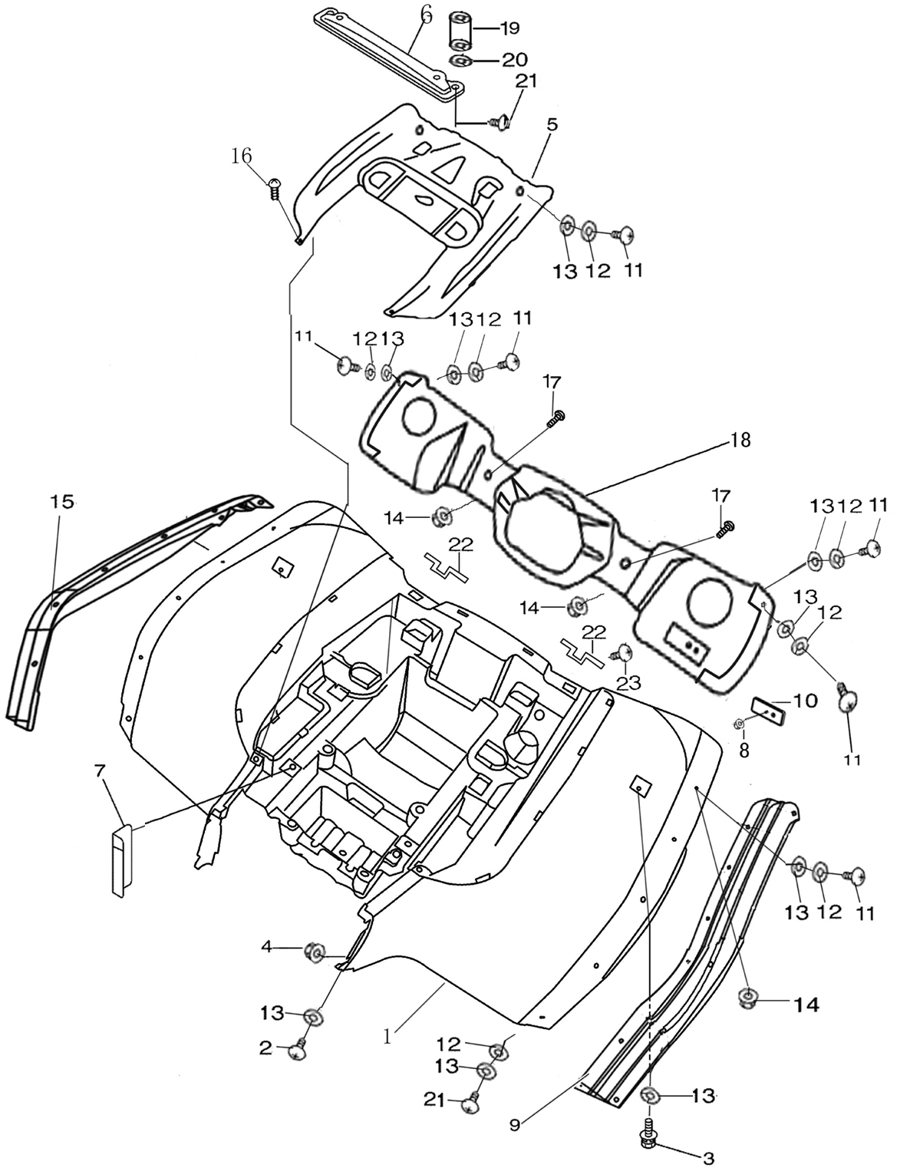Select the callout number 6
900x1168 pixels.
(x=426, y=15)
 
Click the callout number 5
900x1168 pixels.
(x=552, y=124)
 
